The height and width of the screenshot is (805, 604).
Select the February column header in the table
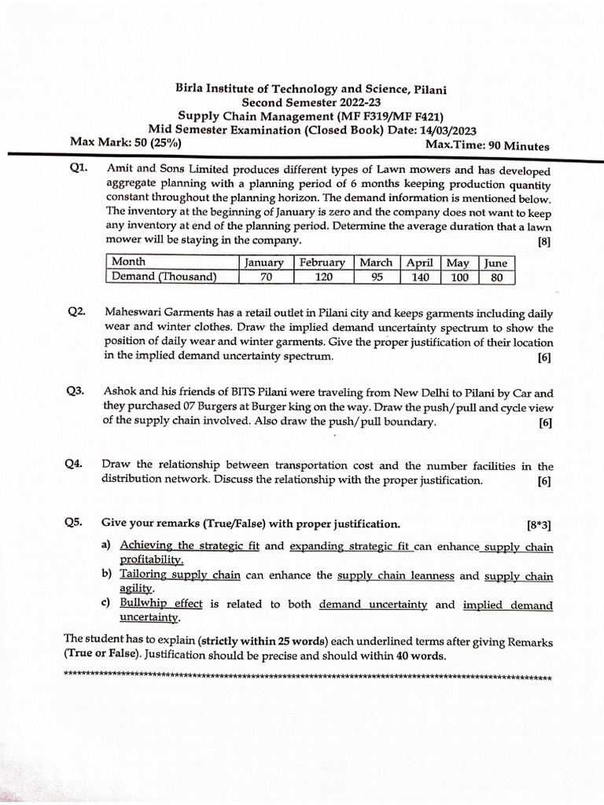click(322, 263)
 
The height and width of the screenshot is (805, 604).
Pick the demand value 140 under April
click(419, 277)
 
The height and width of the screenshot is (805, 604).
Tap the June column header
click(495, 263)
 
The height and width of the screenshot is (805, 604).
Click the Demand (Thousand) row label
click(164, 277)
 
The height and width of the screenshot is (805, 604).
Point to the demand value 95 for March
click(376, 277)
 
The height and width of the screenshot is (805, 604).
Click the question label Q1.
click(78, 170)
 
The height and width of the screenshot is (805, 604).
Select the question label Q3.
click(77, 391)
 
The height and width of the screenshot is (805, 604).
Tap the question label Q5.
click(77, 523)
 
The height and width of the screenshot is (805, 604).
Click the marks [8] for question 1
click(544, 242)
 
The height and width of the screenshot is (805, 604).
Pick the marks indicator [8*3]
click(540, 524)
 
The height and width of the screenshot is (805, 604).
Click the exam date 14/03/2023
click(442, 130)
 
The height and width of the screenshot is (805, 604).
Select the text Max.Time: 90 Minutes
click(487, 145)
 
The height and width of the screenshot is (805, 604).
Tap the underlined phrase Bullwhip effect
click(161, 604)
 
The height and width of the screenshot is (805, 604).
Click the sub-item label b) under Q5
click(106, 575)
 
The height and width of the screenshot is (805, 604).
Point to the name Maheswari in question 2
click(132, 312)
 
